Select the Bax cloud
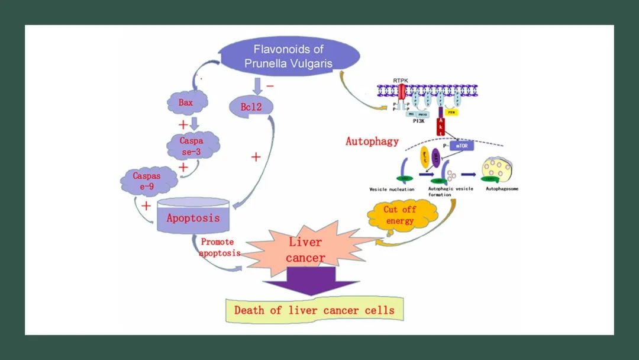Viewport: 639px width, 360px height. coord(186,102)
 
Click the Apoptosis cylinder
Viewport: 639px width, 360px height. coord(193,217)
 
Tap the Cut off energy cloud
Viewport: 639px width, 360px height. coord(401,216)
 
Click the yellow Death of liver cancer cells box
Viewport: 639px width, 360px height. coord(314,310)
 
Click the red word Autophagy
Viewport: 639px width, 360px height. coord(372,142)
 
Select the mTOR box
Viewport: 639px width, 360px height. coord(462,144)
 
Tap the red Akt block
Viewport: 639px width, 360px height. coord(440,126)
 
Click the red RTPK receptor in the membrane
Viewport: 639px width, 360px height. coord(403,92)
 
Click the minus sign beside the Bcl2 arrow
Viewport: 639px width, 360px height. coord(270,86)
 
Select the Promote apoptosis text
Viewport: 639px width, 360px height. coord(220,247)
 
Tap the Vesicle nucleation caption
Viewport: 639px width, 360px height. coord(392,189)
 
